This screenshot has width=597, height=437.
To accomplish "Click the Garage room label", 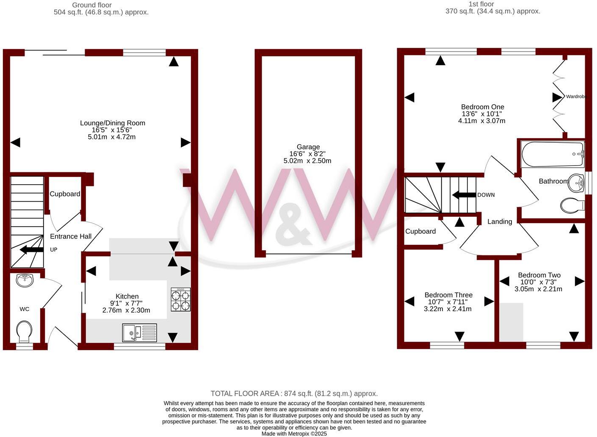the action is (308, 147).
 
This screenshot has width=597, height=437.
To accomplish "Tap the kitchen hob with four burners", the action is (180, 299).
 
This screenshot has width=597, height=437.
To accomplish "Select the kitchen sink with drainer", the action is (140, 333).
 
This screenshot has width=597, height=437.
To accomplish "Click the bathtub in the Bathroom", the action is (553, 155).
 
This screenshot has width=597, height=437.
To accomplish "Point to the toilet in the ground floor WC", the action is (24, 332).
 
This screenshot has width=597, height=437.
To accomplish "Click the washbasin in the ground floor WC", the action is (25, 280).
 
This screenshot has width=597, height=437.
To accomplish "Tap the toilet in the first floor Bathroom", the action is (572, 206).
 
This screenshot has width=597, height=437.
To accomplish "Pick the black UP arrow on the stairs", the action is (32, 249).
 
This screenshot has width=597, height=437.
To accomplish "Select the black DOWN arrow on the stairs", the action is (464, 195).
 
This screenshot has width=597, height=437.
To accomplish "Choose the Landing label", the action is (500, 221).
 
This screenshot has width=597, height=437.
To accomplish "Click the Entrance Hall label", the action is (71, 236).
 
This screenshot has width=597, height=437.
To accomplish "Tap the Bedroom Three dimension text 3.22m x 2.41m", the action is (448, 309).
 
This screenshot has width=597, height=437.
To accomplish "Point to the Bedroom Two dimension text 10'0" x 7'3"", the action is (538, 282).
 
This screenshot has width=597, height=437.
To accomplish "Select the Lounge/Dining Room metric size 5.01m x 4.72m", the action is (112, 137).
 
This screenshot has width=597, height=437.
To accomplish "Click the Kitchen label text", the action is (127, 296).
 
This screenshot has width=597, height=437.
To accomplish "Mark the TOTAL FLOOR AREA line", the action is (294, 393).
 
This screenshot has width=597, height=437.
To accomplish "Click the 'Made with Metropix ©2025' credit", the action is (294, 434).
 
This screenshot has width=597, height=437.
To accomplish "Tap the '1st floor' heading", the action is (481, 4).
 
